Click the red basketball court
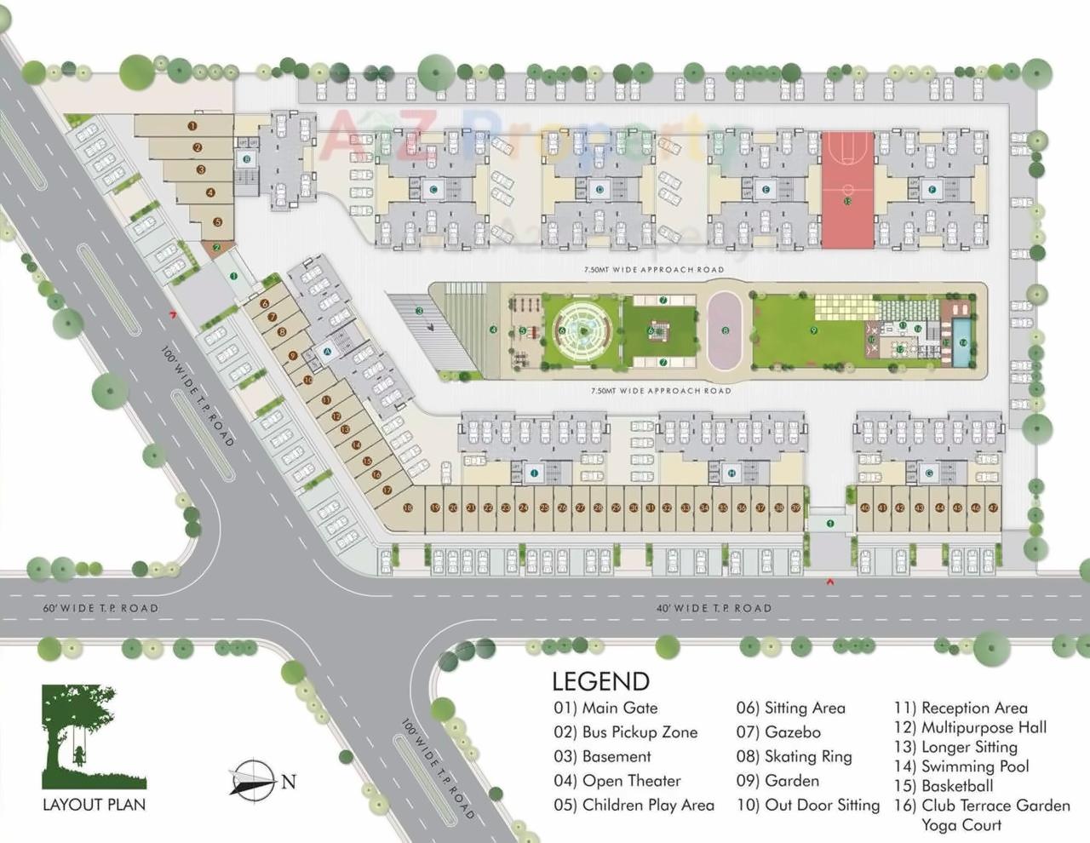(847, 190)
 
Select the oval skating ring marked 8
(725, 330)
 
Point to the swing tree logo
(94, 737)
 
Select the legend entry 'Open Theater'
(617, 781)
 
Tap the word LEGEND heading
(600, 681)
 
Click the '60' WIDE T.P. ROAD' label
(100, 608)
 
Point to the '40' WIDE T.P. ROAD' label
(714, 608)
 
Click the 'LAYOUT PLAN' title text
(94, 805)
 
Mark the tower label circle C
(433, 189)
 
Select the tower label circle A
(327, 351)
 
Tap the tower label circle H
(731, 473)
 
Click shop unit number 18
(408, 508)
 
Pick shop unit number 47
(993, 508)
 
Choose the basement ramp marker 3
(420, 312)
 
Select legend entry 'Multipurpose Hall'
(970, 727)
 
